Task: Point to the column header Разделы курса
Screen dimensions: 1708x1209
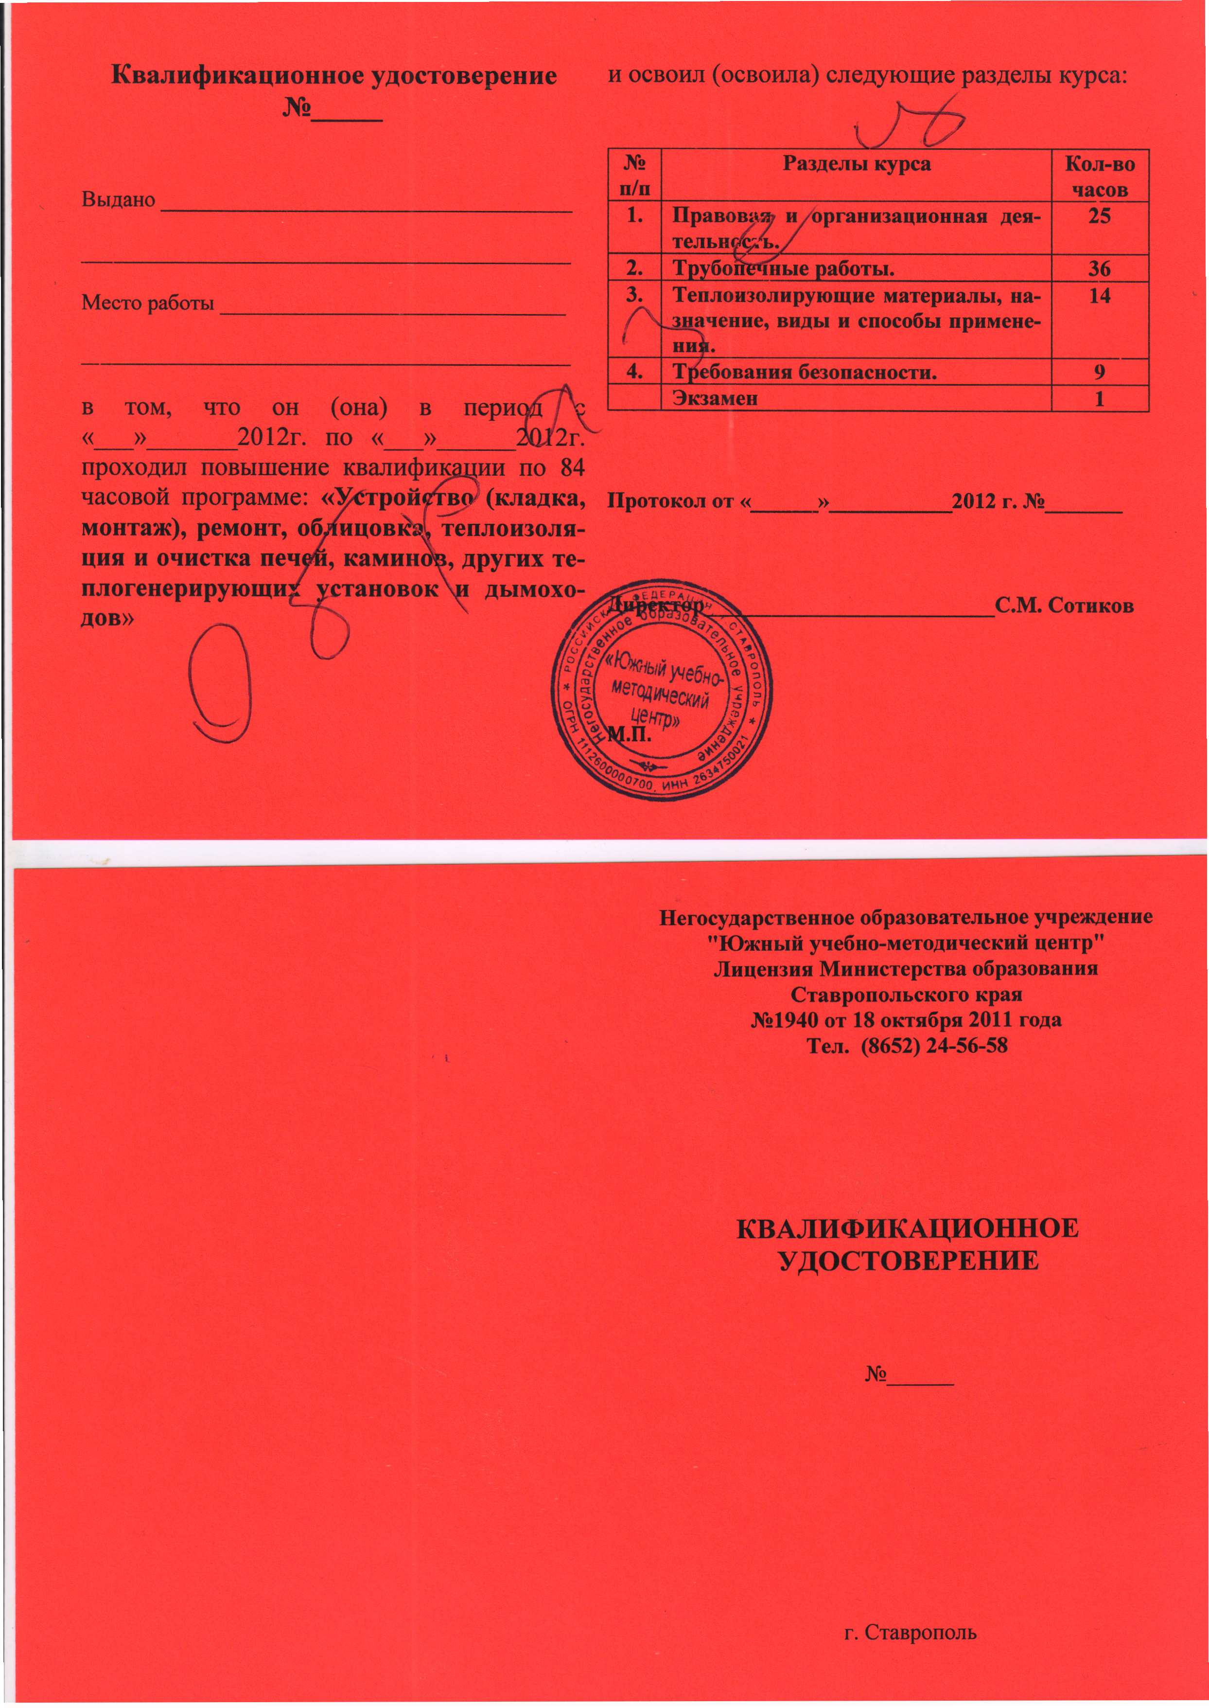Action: (x=856, y=164)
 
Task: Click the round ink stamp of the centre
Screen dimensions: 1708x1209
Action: (x=661, y=690)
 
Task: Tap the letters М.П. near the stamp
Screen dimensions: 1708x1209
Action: (x=630, y=737)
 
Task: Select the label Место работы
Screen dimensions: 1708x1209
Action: (x=147, y=303)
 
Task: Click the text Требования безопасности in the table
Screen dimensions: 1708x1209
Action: (x=805, y=372)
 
